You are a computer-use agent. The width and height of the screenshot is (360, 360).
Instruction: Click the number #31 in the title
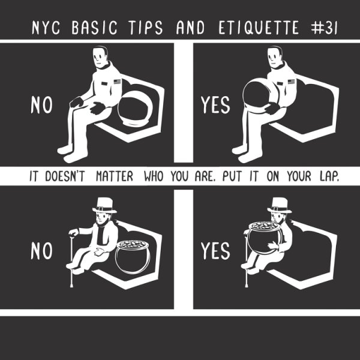pos(324,28)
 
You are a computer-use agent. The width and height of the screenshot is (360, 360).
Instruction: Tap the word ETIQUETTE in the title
pos(259,28)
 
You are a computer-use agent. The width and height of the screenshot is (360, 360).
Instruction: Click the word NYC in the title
pos(46,28)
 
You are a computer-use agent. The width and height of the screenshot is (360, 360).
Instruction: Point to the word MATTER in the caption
pos(115,176)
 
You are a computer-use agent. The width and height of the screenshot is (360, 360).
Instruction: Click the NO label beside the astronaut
pos(41,105)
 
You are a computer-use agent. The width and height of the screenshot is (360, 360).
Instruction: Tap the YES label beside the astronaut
pos(215,105)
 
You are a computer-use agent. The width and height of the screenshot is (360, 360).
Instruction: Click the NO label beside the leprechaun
pos(41,251)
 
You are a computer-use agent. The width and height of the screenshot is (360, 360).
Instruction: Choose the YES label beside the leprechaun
pos(215,251)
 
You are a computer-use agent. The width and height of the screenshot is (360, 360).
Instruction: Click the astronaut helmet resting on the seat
pos(135,109)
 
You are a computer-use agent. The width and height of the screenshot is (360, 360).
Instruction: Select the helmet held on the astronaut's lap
pos(259,95)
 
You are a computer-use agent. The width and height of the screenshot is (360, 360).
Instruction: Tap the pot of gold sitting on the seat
pos(133,257)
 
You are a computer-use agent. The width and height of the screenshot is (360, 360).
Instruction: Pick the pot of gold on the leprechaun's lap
pos(266,238)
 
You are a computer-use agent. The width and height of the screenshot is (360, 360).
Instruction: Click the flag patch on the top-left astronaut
pos(118,82)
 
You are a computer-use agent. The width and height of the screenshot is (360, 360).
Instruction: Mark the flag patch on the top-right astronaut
pos(292,82)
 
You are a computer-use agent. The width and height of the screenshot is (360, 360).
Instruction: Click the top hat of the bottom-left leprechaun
pos(104,205)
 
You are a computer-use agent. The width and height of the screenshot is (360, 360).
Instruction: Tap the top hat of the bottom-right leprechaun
pos(280,205)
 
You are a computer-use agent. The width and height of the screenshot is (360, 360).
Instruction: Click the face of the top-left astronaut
pos(100,58)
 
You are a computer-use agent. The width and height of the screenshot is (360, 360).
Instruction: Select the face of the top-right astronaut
pos(274,58)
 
